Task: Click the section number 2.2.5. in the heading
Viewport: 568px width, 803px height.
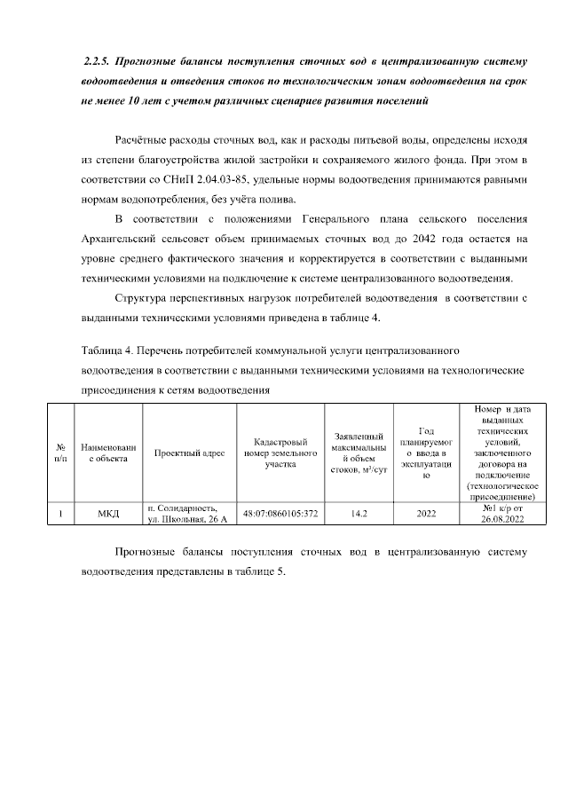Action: [95, 62]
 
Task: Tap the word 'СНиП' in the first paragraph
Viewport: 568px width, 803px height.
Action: [187, 180]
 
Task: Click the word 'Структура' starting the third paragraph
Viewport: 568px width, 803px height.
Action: [142, 298]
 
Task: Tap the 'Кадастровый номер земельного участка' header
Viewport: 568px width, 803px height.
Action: [280, 453]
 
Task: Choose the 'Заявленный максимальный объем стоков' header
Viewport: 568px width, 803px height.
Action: [359, 453]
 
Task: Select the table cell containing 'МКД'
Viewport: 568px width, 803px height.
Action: [107, 514]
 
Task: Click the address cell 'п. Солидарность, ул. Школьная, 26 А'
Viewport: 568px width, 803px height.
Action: [188, 514]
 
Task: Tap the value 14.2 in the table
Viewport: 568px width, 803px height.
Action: [359, 514]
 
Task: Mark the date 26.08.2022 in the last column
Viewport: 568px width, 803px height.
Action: [503, 520]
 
